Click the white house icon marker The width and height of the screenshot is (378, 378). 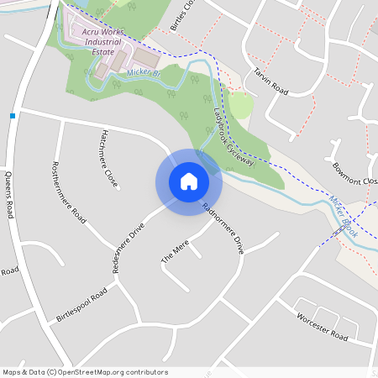tap(189, 181)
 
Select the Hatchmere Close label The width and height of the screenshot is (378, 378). tap(108, 158)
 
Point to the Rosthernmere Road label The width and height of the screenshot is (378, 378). tap(69, 191)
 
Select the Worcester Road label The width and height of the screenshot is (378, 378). tap(323, 325)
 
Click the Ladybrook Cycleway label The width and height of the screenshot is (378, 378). tap(234, 138)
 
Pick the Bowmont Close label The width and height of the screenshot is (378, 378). tap(355, 175)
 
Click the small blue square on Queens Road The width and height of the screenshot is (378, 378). tap(13, 115)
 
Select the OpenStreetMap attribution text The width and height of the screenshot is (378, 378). tap(85, 372)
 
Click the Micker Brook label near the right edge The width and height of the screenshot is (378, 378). tap(344, 217)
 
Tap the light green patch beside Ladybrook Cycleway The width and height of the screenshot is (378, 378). tap(240, 105)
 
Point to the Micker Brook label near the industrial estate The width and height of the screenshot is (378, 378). tap(143, 73)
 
